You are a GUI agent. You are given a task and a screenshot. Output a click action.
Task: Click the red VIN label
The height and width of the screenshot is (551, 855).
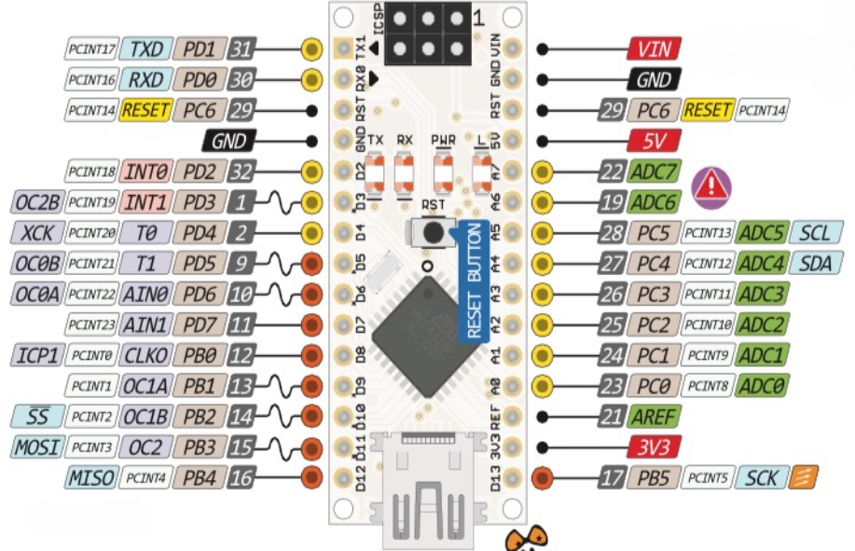pyautogui.click(x=655, y=49)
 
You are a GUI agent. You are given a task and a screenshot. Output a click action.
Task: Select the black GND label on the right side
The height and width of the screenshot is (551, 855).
pyautogui.click(x=655, y=79)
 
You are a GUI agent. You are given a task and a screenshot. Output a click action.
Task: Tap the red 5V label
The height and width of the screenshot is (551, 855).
pyautogui.click(x=655, y=141)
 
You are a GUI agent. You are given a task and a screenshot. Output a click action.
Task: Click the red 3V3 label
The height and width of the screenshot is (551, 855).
pyautogui.click(x=655, y=448)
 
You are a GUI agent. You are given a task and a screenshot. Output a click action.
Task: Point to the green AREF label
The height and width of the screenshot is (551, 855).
pyautogui.click(x=655, y=417)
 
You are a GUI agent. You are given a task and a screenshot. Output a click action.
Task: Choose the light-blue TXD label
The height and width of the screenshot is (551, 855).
pyautogui.click(x=146, y=49)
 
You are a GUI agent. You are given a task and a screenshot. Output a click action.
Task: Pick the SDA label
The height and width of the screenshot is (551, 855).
pyautogui.click(x=816, y=264)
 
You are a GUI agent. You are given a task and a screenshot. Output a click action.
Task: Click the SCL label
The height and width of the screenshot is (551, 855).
pyautogui.click(x=816, y=233)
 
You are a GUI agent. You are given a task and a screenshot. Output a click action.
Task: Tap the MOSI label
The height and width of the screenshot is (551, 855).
pyautogui.click(x=37, y=448)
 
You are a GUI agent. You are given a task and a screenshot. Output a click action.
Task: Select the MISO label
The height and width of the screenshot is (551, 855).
pyautogui.click(x=91, y=478)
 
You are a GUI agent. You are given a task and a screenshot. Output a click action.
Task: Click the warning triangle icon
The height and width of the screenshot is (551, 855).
pyautogui.click(x=711, y=188)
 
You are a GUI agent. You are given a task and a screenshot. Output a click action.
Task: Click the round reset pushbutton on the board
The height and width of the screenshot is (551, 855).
pyautogui.click(x=434, y=233)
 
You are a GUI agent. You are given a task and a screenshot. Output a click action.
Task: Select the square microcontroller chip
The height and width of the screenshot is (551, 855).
pyautogui.click(x=427, y=337)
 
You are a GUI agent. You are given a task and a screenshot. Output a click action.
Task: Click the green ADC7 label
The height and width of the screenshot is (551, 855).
pyautogui.click(x=655, y=172)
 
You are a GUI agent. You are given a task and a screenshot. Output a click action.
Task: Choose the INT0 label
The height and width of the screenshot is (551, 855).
pyautogui.click(x=146, y=172)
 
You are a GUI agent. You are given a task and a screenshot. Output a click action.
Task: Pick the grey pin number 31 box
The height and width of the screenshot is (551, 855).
pyautogui.click(x=241, y=49)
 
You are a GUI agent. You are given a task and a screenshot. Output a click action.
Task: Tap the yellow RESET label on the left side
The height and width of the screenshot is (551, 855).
pyautogui.click(x=145, y=110)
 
